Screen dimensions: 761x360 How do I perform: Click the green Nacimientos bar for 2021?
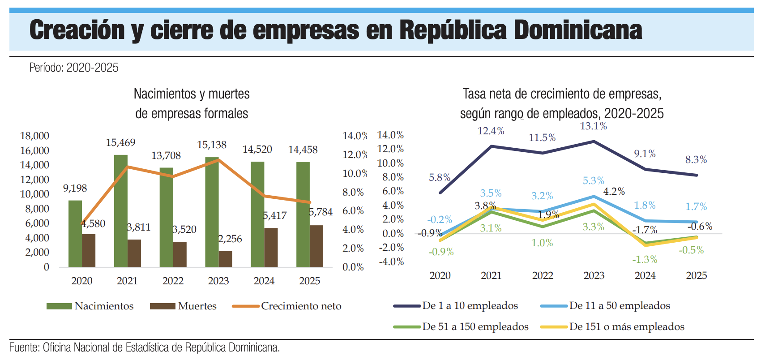click(x=120, y=211)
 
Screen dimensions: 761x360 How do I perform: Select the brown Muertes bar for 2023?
click(x=225, y=259)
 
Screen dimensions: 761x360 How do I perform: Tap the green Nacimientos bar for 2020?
click(x=75, y=234)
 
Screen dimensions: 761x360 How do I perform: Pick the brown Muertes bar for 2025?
click(x=316, y=246)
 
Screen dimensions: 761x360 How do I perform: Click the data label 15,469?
click(x=120, y=142)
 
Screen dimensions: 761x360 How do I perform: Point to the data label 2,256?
click(x=230, y=239)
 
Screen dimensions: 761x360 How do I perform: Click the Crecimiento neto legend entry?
click(x=287, y=306)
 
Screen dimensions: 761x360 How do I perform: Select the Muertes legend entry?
click(x=183, y=306)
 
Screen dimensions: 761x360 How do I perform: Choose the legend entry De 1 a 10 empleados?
click(x=456, y=306)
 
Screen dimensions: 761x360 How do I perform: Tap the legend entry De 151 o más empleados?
click(x=612, y=327)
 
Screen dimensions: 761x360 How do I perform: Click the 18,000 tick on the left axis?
click(x=34, y=136)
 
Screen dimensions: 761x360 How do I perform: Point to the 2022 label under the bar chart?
click(x=173, y=281)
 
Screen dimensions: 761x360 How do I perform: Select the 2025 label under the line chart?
click(x=697, y=275)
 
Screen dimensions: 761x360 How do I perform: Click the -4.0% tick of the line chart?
click(x=391, y=262)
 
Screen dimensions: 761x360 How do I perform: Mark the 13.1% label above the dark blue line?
click(x=594, y=126)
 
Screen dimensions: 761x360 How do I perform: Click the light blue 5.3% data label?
click(x=594, y=180)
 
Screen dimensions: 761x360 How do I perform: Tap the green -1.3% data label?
click(x=645, y=260)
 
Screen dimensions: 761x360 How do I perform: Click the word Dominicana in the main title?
click(x=578, y=30)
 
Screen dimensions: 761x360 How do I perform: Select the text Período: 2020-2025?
click(x=74, y=68)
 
